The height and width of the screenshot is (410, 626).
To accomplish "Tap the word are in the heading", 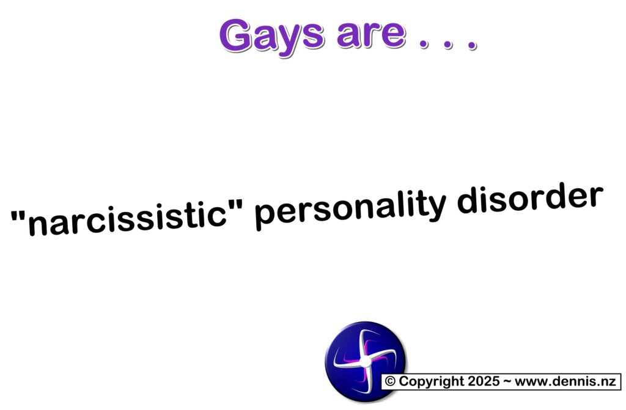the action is pos(371,34).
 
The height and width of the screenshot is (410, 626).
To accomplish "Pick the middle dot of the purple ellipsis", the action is pos(448,44).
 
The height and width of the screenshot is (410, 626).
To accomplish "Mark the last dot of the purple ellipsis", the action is pos(473,45).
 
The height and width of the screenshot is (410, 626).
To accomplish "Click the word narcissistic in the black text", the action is pos(127,219).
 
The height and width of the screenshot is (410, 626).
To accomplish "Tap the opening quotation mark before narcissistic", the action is pos(18,217).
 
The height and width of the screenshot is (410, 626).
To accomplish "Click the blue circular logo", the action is pos(366,361).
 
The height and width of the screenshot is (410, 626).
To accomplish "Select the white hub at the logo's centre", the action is pos(366,362).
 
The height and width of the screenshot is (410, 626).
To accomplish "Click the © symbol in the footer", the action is pos(390,381).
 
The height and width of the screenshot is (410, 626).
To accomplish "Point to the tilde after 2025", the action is pos(507,381).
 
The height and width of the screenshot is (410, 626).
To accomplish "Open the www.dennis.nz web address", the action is pos(565,381).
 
